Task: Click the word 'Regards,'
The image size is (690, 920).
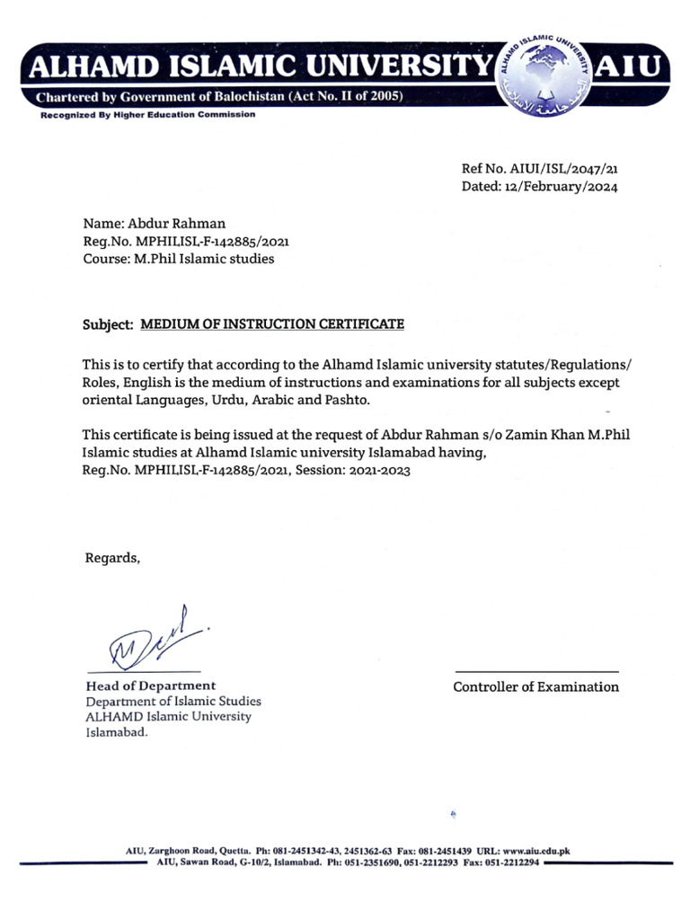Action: pyautogui.click(x=112, y=558)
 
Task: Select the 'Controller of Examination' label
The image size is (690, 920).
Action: pyautogui.click(x=535, y=687)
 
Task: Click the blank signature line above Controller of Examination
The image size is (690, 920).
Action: pyautogui.click(x=536, y=671)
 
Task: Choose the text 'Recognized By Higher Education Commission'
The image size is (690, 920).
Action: pyautogui.click(x=146, y=115)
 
